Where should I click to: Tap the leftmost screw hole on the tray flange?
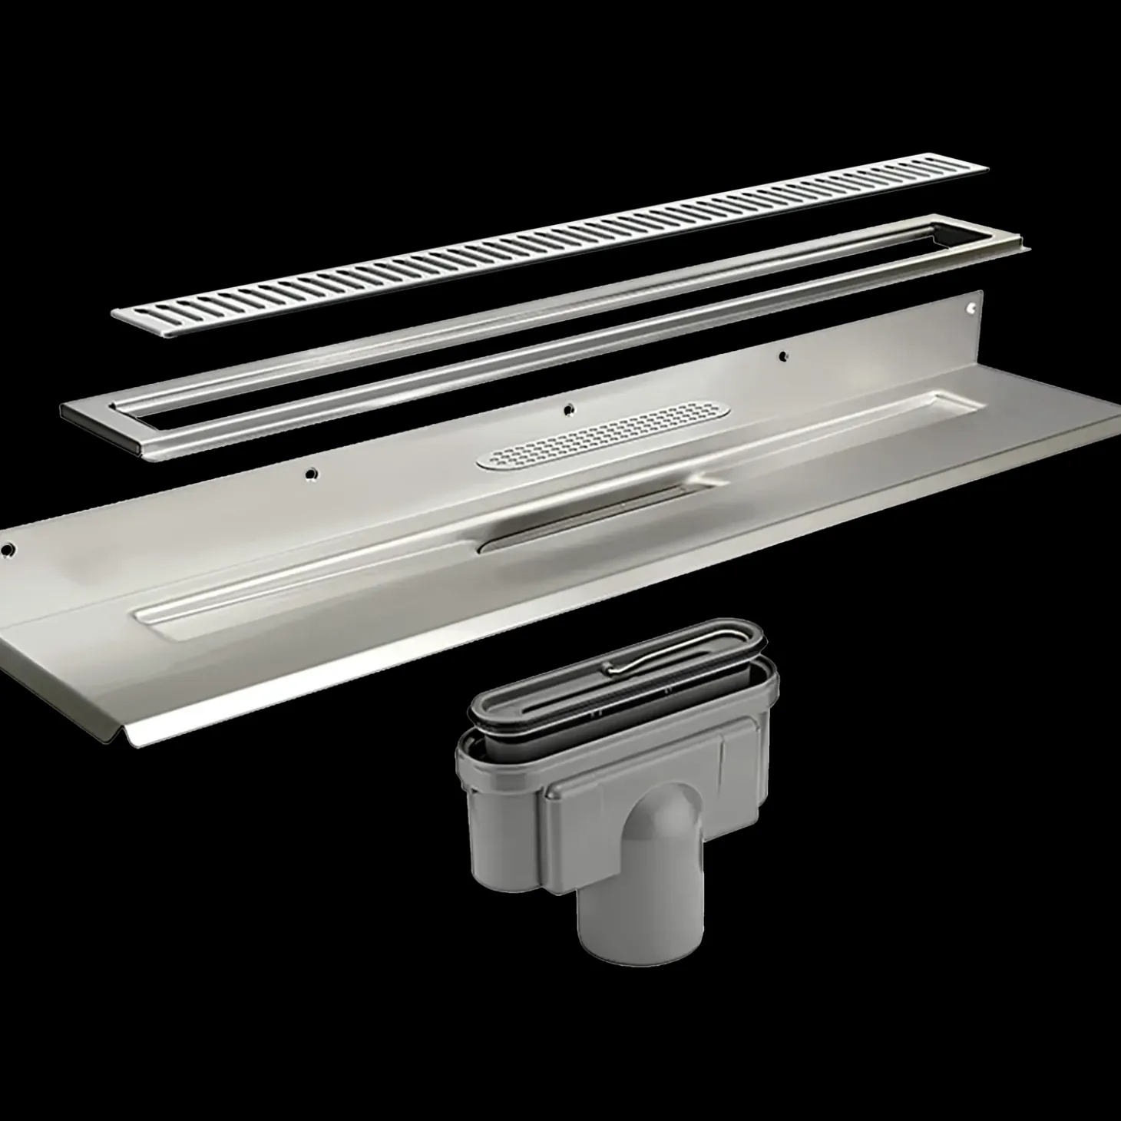(9, 550)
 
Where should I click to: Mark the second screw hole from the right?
(782, 355)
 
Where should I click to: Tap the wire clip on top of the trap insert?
(637, 663)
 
